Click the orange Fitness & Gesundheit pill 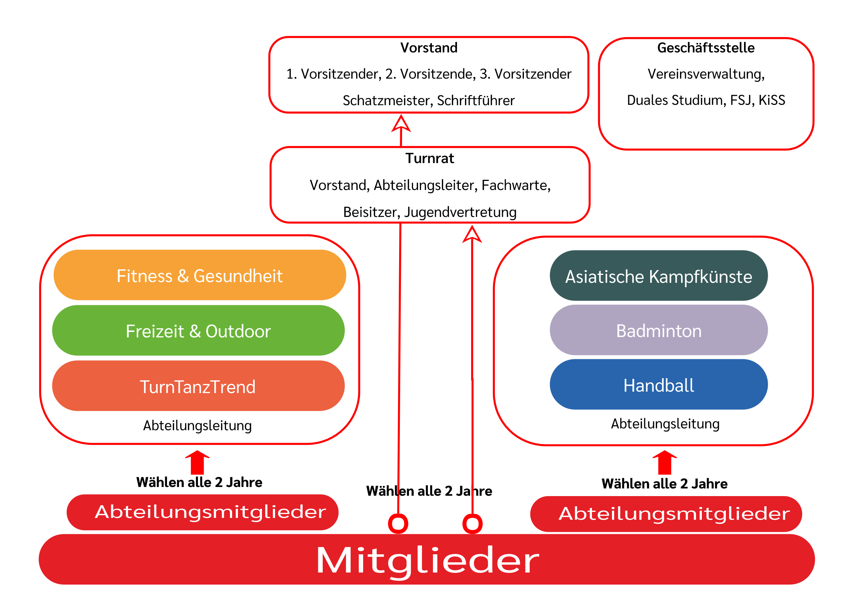point(200,276)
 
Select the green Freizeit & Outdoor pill point(198,331)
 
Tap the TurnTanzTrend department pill point(198,387)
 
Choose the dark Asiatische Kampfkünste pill point(658,276)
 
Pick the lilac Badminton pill point(658,330)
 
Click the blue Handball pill point(658,385)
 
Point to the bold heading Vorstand point(429,48)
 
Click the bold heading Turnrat point(430,158)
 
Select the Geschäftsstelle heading point(706,48)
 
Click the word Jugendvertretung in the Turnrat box point(460,212)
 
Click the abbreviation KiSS point(772,100)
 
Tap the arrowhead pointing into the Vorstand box point(401,124)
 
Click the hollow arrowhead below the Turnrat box point(472,235)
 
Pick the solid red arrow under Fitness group point(197,462)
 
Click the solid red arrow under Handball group point(665,462)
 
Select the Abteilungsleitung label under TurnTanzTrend point(197,425)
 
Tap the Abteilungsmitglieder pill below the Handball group point(666,514)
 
